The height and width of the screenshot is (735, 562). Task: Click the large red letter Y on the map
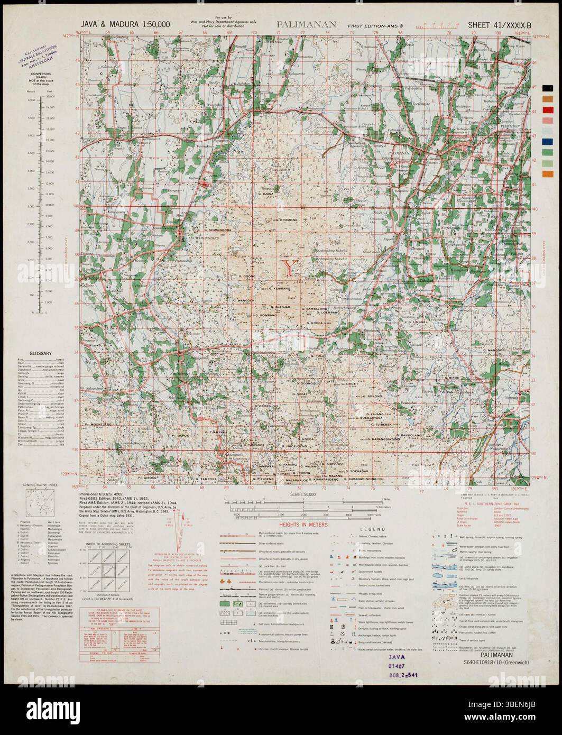tap(289, 268)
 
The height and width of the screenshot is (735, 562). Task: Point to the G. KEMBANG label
tap(280, 288)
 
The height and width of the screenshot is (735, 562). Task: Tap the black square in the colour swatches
tap(547, 89)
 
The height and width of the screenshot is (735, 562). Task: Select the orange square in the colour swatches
tap(547, 174)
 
